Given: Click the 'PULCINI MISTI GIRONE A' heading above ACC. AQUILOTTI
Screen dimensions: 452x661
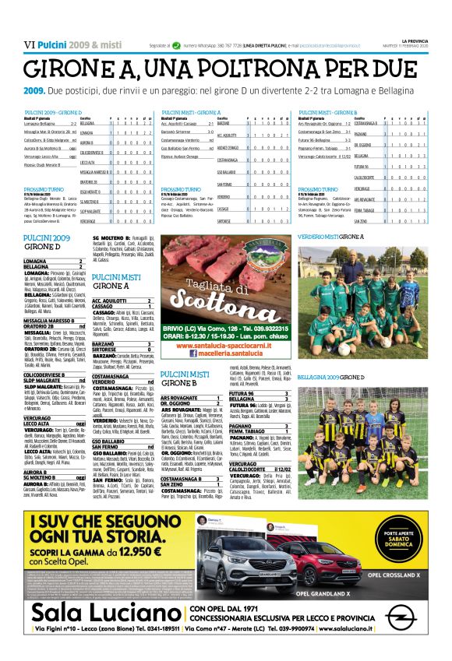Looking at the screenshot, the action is [x=116, y=281].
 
